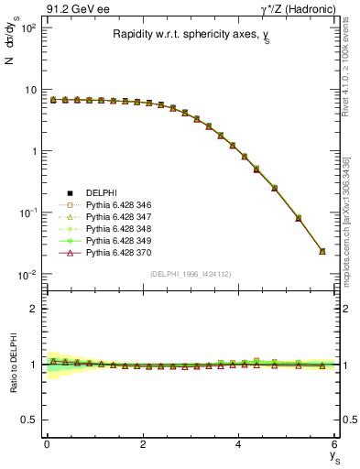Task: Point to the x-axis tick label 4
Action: (238, 444)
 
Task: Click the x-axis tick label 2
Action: (143, 444)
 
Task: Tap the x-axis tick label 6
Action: (334, 444)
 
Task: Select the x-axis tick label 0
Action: (47, 444)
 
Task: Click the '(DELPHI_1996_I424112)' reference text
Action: (190, 274)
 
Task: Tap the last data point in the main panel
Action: (322, 251)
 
